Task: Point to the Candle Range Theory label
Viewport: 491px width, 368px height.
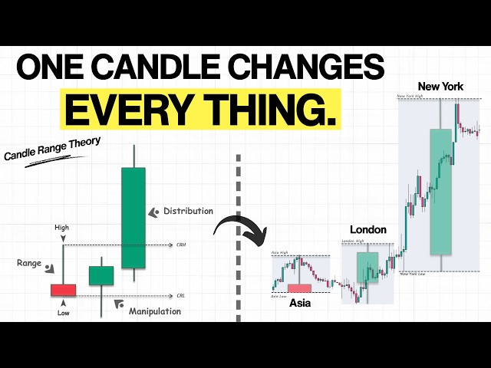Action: coord(53,149)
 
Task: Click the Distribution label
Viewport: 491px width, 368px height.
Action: coord(188,211)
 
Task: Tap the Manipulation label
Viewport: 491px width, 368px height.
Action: coord(154,311)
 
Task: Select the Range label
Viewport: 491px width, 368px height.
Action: coord(29,263)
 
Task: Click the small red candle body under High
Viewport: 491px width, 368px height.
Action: coord(63,290)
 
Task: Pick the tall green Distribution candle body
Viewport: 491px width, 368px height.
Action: coord(133,217)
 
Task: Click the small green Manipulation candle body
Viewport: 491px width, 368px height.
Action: coord(101,275)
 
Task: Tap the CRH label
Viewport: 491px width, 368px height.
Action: coord(181,245)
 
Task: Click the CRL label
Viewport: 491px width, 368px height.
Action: coord(180,294)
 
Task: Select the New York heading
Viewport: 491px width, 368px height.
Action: coord(440,87)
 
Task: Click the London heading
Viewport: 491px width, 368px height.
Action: coord(367,229)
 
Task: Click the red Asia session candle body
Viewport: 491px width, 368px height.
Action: coord(299,288)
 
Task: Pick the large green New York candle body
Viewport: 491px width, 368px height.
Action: coord(440,192)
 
